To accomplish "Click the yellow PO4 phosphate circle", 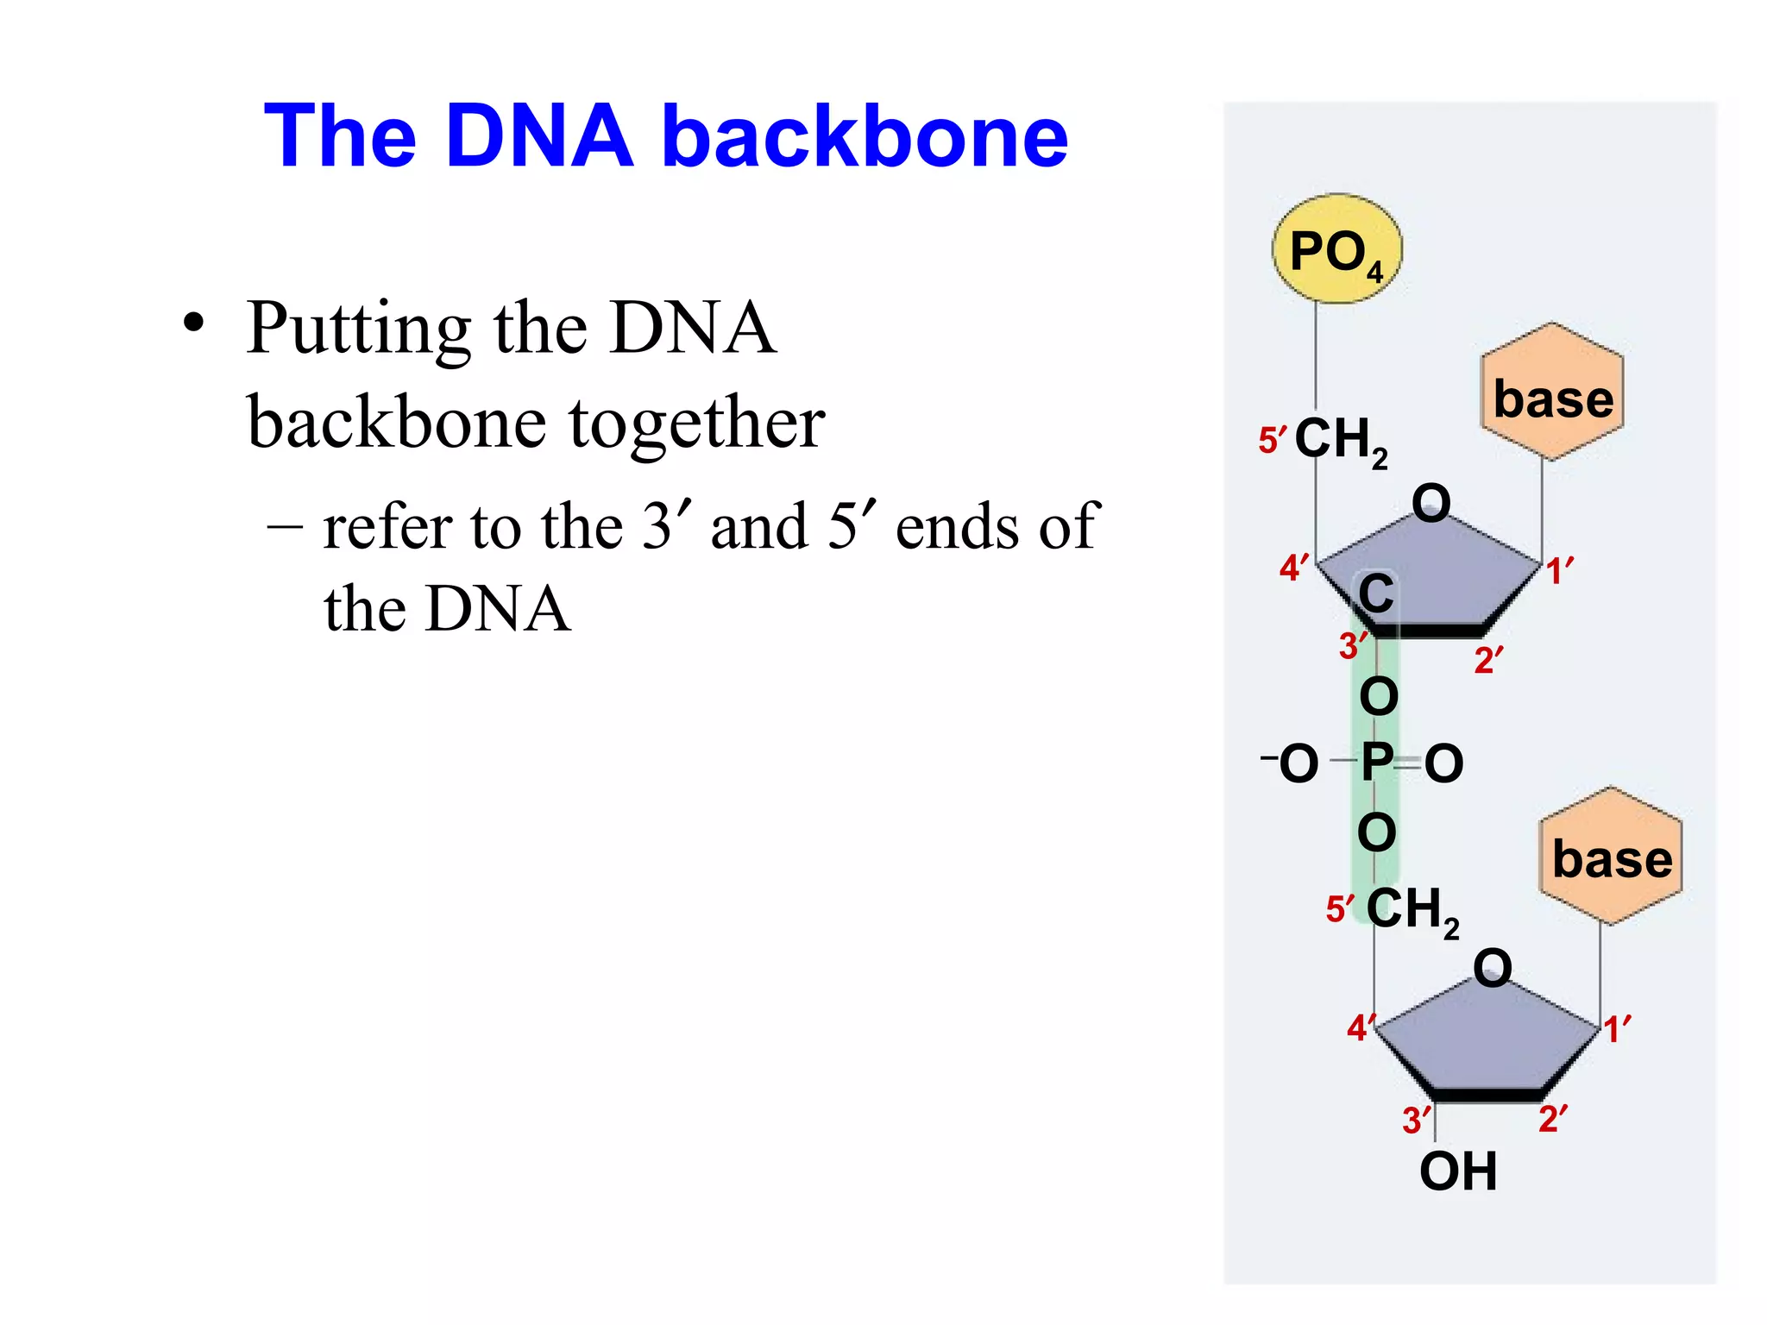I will (x=1336, y=249).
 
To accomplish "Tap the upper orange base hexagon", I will (x=1553, y=392).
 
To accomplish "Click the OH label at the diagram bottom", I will (x=1458, y=1171).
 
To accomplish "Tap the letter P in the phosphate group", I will (x=1376, y=763).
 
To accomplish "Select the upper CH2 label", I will (x=1340, y=441).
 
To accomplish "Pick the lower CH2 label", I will (x=1412, y=911).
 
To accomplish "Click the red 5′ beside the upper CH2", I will (x=1272, y=440).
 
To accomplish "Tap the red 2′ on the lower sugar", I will (x=1553, y=1119).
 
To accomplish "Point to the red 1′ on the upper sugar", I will (x=1558, y=571).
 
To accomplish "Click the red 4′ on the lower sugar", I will (x=1360, y=1027).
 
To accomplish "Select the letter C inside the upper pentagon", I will (x=1376, y=594).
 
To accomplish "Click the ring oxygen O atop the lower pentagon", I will (x=1493, y=967).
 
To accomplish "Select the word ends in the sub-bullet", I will (x=959, y=526).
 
